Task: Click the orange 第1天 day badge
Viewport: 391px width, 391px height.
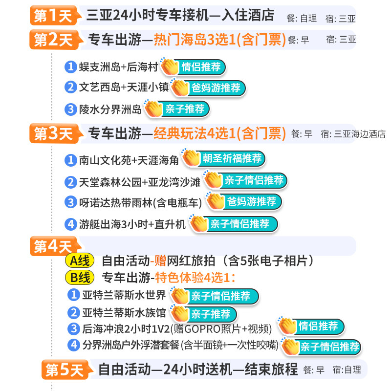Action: [x=55, y=16]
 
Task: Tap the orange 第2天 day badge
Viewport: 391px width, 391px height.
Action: [x=56, y=40]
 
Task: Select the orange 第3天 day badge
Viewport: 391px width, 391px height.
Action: [x=56, y=133]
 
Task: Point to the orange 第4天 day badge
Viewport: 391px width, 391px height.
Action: [x=55, y=246]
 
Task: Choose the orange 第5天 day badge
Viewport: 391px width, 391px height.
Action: [x=67, y=369]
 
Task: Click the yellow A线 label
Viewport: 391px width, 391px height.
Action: [x=80, y=261]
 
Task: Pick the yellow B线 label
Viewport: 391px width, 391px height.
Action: [x=80, y=278]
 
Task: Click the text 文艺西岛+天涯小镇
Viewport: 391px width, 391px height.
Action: [x=124, y=87]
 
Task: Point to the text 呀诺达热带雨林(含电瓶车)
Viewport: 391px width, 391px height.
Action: [x=140, y=203]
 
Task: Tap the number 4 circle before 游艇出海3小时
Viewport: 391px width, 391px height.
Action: [x=70, y=224]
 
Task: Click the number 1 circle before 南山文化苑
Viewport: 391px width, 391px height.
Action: [x=70, y=160]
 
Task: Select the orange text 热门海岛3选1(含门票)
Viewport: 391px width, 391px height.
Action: [x=219, y=40]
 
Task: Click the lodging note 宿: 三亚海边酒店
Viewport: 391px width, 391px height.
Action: [x=353, y=134]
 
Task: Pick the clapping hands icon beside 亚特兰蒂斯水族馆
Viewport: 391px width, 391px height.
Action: [x=180, y=313]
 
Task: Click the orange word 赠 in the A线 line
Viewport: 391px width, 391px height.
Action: [x=160, y=261]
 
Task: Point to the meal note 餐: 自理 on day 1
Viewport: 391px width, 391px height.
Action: [x=302, y=19]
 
